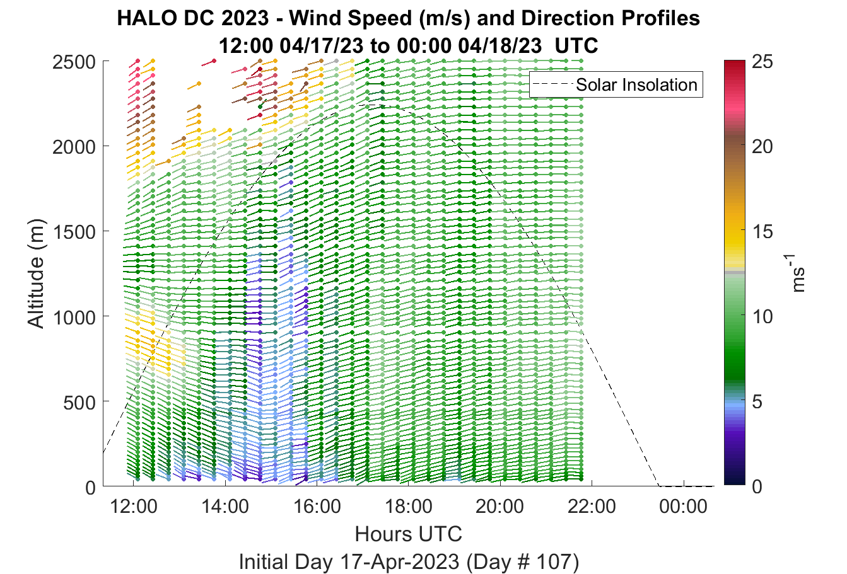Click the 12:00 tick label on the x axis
(134, 507)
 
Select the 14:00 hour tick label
(225, 507)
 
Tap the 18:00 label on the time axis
(409, 507)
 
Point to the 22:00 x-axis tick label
(592, 507)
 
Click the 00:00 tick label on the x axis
(683, 507)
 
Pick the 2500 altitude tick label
(74, 62)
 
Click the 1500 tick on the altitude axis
(74, 232)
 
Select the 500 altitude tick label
(79, 403)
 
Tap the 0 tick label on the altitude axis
(91, 488)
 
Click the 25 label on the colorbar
(762, 62)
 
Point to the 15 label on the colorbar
(762, 231)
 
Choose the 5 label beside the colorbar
(757, 402)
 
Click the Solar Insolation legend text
(637, 84)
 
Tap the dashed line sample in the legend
(552, 84)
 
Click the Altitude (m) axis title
(37, 273)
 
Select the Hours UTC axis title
(409, 534)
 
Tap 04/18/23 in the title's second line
(500, 46)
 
